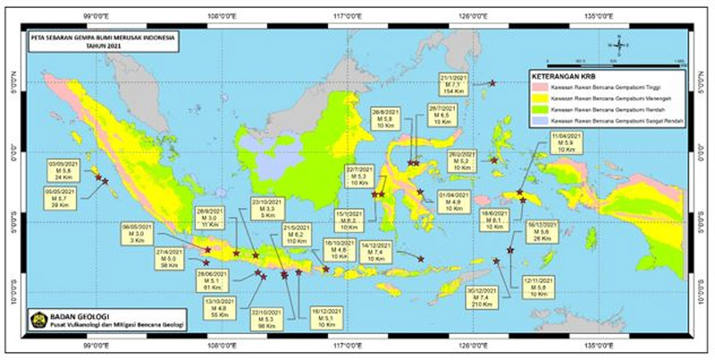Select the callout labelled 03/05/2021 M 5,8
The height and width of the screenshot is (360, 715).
[64, 170]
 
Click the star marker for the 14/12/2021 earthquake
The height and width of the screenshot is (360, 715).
[421, 258]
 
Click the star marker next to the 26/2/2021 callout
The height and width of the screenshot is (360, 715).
[494, 160]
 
